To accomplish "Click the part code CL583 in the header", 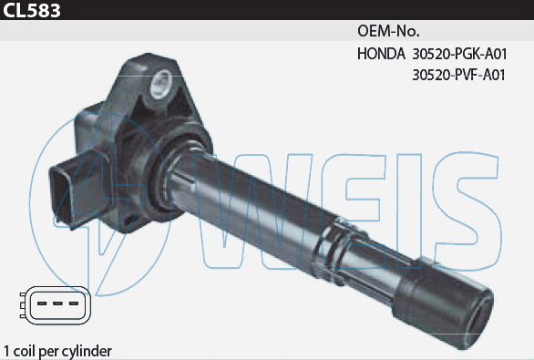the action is click(x=32, y=10).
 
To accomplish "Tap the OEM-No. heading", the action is click(x=388, y=31).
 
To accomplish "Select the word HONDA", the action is click(x=381, y=54).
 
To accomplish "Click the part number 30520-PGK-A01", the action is click(x=459, y=54).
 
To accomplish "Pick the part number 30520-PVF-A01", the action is click(x=458, y=75).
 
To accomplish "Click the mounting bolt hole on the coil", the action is click(x=160, y=84).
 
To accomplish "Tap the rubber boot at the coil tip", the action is click(x=445, y=302).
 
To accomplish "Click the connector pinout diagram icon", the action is click(x=56, y=305).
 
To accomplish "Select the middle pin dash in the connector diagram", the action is click(x=57, y=303).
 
